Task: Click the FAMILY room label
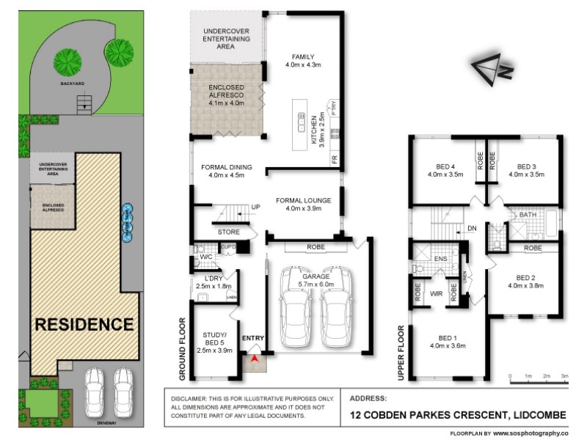pyautogui.click(x=302, y=56)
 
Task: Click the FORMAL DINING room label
pyautogui.click(x=227, y=167)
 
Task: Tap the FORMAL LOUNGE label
pyautogui.click(x=303, y=199)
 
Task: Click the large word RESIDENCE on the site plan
pyautogui.click(x=85, y=323)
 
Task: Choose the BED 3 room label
pyautogui.click(x=526, y=166)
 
